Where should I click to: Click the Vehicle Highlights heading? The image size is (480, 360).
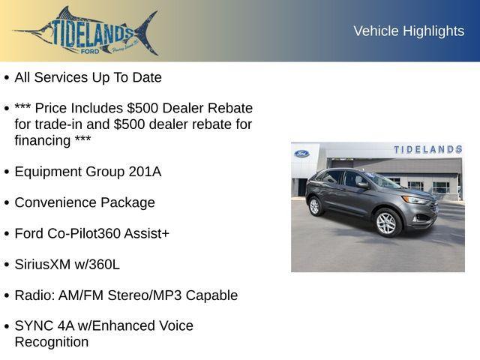coord(409,31)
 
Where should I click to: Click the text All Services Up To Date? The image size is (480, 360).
coord(88,77)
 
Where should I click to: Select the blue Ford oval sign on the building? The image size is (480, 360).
coord(301,154)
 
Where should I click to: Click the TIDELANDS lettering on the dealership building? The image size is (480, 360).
coord(427,149)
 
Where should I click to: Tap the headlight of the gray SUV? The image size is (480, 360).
coord(415,200)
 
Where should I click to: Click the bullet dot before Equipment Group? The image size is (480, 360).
coord(6,172)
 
